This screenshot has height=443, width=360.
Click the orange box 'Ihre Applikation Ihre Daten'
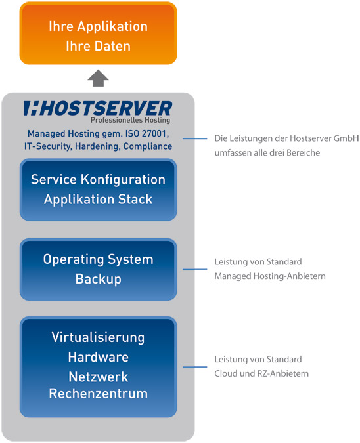[x=98, y=33]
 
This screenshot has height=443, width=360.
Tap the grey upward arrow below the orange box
[x=98, y=78]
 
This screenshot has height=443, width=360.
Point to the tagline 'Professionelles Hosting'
[x=130, y=121]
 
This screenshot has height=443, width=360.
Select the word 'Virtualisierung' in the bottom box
[x=98, y=338]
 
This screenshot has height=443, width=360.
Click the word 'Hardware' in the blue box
[x=98, y=358]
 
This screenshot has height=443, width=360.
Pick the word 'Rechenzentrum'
[x=98, y=394]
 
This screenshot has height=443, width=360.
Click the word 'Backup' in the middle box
[x=98, y=280]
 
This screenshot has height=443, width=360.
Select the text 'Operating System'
[x=98, y=259]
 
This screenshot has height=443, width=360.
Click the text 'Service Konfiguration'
[x=98, y=179]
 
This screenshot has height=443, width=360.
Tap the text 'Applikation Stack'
[x=98, y=199]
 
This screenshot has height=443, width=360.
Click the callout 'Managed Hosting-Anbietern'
[x=270, y=276]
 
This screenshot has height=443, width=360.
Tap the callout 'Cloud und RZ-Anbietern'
[x=261, y=373]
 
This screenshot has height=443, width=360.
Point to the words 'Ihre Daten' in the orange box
[x=98, y=47]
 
